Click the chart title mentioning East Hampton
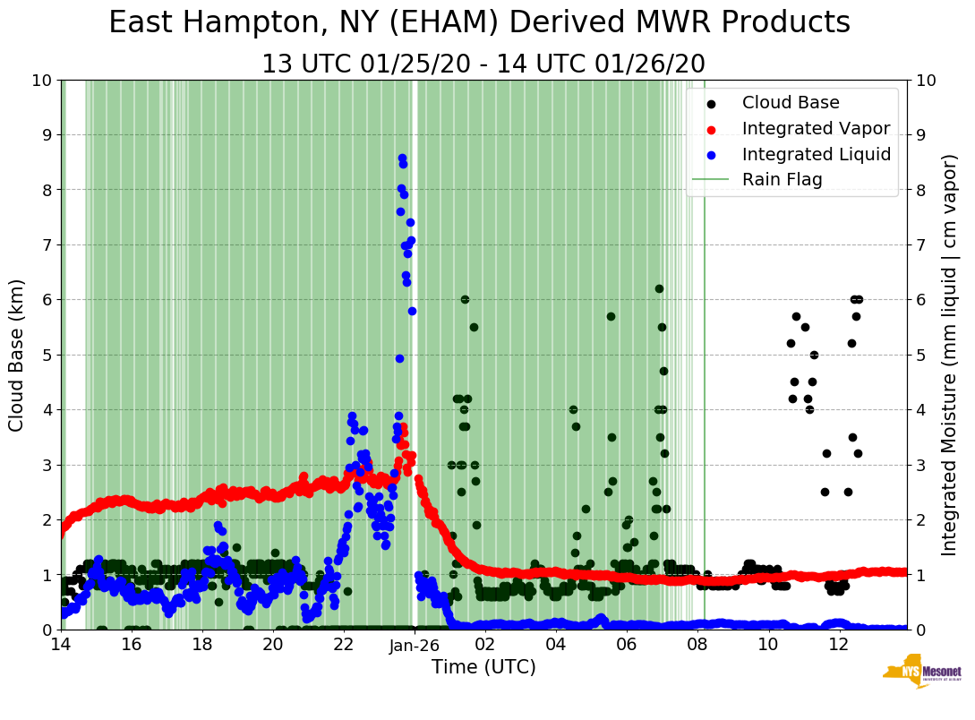coord(479,23)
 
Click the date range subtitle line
coord(483,64)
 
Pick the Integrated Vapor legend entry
coord(815,128)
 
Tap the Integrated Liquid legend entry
coord(816,154)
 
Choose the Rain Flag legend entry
coord(782,179)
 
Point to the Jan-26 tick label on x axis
coord(415,644)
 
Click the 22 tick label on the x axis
coord(344,644)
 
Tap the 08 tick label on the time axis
coord(697,644)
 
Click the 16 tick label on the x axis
coord(131,644)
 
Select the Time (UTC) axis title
coord(483,667)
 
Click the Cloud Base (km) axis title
coord(17,354)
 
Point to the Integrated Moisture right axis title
coord(950,354)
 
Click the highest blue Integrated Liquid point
coord(402,158)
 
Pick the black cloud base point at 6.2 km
coord(659,288)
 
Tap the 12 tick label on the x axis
coord(839,644)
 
